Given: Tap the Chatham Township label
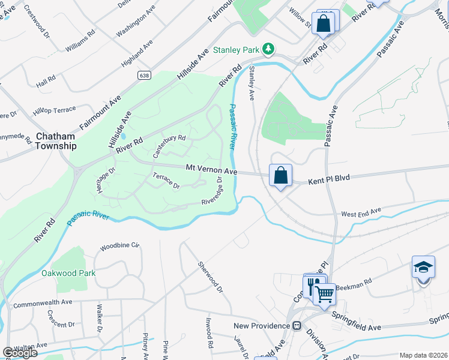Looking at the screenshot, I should click(x=55, y=141).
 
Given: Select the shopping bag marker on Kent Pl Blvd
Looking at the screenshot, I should click(x=280, y=175).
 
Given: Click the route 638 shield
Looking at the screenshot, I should click(x=143, y=75).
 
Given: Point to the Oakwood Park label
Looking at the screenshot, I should click(x=68, y=273).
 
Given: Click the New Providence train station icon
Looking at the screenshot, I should click(x=296, y=325).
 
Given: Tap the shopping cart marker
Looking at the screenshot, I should click(x=324, y=294).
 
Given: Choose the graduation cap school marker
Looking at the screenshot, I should click(x=423, y=266).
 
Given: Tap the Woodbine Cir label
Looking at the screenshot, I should click(x=119, y=246).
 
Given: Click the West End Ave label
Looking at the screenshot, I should click(x=361, y=212).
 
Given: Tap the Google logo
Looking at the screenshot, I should click(x=20, y=353).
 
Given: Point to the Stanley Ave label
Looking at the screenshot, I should click(x=252, y=83).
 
